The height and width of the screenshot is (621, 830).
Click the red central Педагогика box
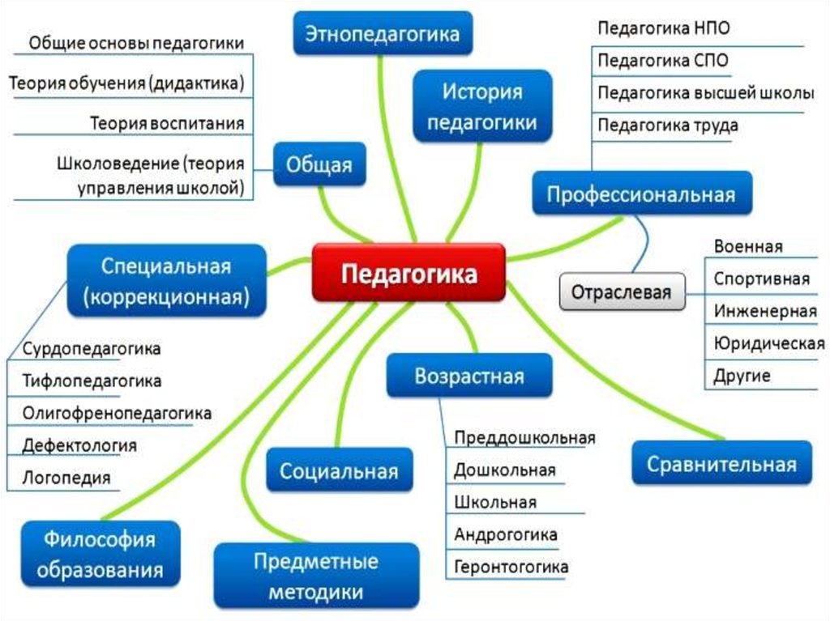point(409,273)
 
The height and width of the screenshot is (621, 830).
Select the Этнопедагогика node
point(383,33)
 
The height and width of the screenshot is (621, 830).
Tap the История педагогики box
point(482,106)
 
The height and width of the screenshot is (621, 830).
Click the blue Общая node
point(319,164)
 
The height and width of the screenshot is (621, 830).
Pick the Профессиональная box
point(642,194)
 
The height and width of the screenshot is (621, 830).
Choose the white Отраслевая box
point(622,291)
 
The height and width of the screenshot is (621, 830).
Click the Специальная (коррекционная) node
point(166,281)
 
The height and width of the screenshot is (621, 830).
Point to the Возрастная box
point(469,376)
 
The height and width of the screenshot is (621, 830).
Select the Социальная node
point(340,470)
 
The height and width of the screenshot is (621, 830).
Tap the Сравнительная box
point(721,463)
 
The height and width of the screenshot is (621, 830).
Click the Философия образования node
point(101,554)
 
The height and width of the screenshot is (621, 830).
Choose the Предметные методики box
point(316,576)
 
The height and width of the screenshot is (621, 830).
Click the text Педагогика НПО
point(664,28)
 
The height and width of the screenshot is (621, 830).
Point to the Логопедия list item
point(66,478)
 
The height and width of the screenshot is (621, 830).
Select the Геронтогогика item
point(511,567)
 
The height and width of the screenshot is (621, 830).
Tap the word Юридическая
point(768,344)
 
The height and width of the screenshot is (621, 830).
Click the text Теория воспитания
point(167,123)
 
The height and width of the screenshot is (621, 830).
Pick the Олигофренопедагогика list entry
point(117,413)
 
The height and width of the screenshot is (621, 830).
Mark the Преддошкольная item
point(524,438)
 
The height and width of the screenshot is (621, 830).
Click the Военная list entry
point(748,246)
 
